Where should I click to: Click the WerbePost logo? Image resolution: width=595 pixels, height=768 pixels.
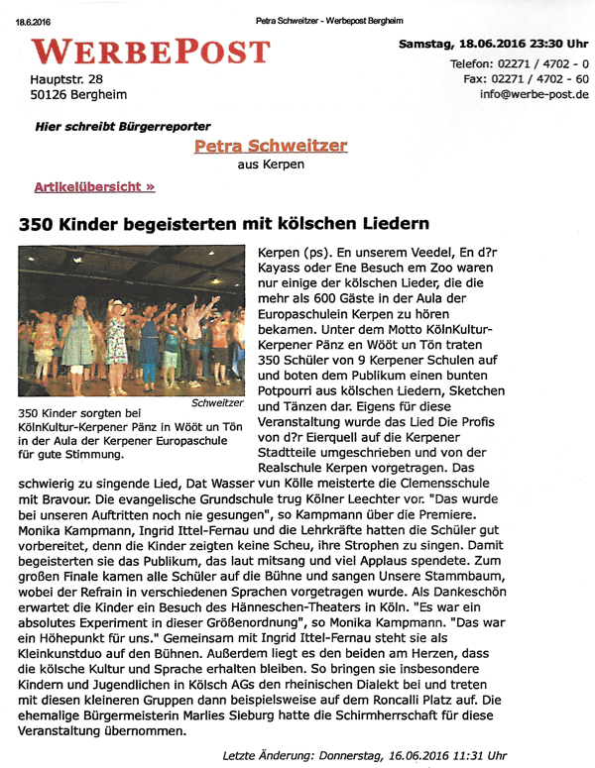(x=150, y=51)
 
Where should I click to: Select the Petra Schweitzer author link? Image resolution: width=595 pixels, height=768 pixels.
(x=271, y=146)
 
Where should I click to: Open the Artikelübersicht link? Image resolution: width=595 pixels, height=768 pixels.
(x=94, y=186)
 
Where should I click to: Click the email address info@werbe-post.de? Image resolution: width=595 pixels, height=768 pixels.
(x=534, y=95)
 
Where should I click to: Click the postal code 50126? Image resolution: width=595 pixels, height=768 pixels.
(x=56, y=96)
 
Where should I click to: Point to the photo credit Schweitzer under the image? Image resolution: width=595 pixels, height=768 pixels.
(x=217, y=403)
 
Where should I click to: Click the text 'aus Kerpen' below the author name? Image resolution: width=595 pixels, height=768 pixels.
(x=271, y=165)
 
